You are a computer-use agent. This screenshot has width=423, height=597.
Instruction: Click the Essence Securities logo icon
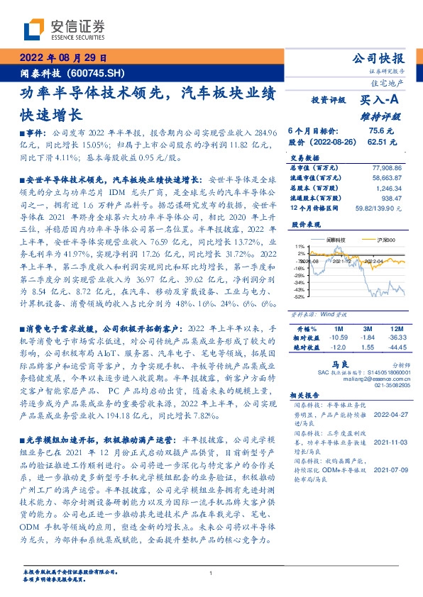point(33,29)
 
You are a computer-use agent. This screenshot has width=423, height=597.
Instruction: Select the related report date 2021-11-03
point(388,441)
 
